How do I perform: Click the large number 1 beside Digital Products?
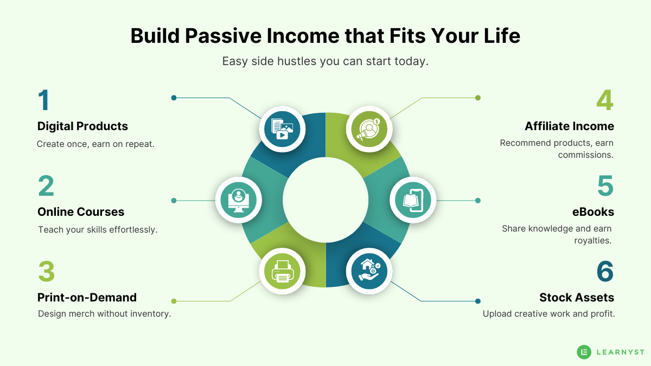(44, 100)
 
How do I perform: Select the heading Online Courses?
(81, 212)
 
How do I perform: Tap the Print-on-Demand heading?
(87, 298)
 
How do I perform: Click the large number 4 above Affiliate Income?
(604, 100)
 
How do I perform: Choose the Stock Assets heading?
(576, 298)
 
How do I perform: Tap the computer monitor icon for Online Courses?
(239, 200)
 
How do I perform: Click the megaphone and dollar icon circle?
(369, 129)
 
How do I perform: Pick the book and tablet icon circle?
(413, 200)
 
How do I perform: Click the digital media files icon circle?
(282, 129)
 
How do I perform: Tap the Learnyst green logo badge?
(584, 352)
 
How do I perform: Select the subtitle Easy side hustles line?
(325, 61)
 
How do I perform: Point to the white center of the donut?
(325, 200)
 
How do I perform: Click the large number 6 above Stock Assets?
(605, 271)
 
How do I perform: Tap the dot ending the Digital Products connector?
(174, 98)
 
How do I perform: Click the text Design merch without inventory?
(104, 313)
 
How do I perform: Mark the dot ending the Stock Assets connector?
(477, 301)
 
